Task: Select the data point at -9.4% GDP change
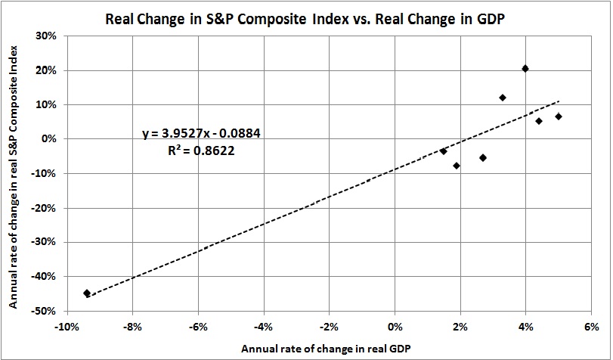(87, 293)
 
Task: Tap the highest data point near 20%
(525, 69)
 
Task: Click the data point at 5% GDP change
(559, 116)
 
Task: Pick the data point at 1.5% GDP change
(444, 151)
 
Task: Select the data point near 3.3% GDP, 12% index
(503, 98)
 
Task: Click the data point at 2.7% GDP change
(483, 157)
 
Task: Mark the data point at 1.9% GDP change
(457, 166)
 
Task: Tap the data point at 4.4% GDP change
(539, 121)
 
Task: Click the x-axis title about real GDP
(329, 349)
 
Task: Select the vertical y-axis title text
(14, 172)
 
